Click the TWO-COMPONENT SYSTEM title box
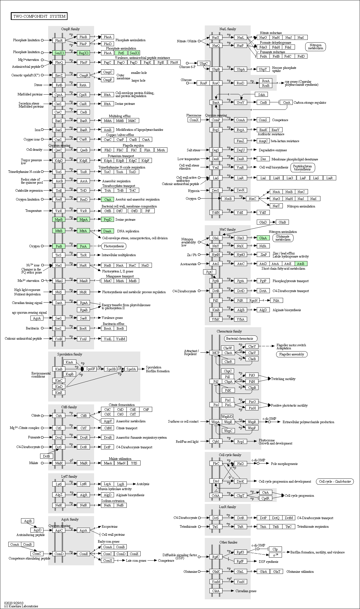tap(39, 16)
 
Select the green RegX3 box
tap(83, 53)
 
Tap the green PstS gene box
tap(121, 53)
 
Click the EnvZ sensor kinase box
tap(59, 75)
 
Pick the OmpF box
tap(108, 80)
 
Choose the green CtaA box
tap(108, 199)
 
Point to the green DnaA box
tap(107, 231)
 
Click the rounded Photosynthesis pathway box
tap(114, 246)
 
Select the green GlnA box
tap(263, 238)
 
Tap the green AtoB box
tap(301, 264)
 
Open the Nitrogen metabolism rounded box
tap(316, 47)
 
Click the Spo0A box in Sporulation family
tap(131, 369)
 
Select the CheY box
tap(252, 347)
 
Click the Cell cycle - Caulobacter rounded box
tap(335, 482)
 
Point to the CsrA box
tap(286, 103)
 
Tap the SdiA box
tap(261, 95)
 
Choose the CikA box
tap(216, 591)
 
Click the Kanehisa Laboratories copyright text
tap(21, 606)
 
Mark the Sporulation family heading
tap(70, 354)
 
